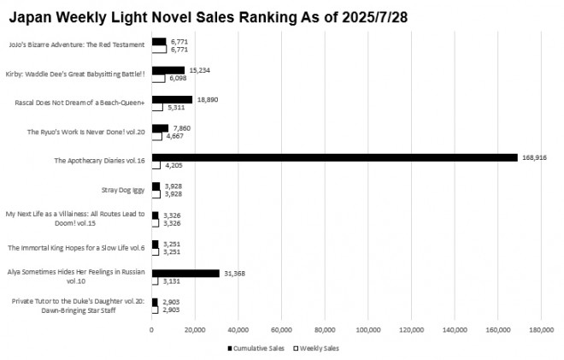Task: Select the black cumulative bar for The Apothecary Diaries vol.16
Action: pyautogui.click(x=334, y=157)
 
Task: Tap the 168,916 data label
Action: pyautogui.click(x=534, y=157)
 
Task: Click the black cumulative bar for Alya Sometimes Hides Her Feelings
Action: pyautogui.click(x=185, y=273)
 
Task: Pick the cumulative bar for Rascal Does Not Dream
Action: pyautogui.click(x=172, y=99)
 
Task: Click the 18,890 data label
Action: pyautogui.click(x=209, y=99)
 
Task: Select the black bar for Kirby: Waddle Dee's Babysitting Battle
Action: pyautogui.click(x=168, y=70)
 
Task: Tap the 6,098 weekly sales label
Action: pyautogui.click(x=178, y=79)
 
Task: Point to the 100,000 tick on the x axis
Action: pyautogui.click(x=367, y=329)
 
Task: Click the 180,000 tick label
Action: pyautogui.click(x=541, y=329)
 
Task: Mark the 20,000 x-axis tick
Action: pyautogui.click(x=195, y=329)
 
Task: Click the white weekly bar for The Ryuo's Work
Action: pyautogui.click(x=156, y=136)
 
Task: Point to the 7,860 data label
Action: pyautogui.click(x=182, y=128)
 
